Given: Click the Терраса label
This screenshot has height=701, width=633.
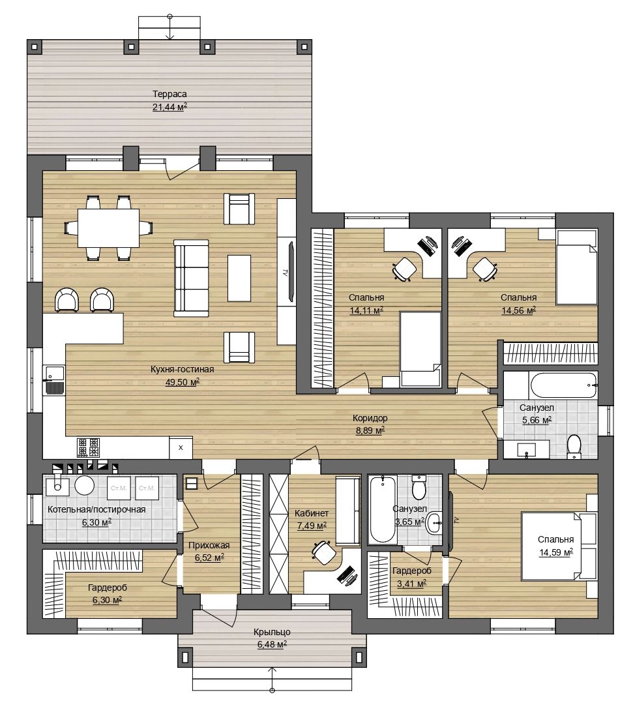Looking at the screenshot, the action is [x=169, y=94].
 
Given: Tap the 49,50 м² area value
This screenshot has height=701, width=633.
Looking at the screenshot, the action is [x=182, y=382].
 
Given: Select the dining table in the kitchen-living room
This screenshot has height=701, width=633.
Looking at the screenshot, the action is [x=109, y=228].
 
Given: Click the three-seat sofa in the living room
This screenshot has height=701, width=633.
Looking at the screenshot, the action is [x=191, y=278].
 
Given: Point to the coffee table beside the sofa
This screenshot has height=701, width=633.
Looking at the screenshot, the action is [x=239, y=278].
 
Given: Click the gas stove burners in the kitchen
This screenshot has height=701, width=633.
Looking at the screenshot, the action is [x=88, y=447].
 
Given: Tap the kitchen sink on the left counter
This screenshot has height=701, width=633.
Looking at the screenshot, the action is [x=53, y=380].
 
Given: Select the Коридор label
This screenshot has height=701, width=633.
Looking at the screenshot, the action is [x=370, y=418].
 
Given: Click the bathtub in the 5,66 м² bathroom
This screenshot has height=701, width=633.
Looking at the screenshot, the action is [x=563, y=385].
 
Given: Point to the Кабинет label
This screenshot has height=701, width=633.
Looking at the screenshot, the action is [x=312, y=513].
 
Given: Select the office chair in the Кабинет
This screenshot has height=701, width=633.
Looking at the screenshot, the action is [x=324, y=552].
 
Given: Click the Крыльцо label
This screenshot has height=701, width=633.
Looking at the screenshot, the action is [x=272, y=632].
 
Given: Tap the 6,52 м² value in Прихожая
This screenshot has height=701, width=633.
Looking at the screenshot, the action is [x=209, y=558].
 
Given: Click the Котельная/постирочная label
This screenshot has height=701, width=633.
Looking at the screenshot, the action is [x=96, y=509].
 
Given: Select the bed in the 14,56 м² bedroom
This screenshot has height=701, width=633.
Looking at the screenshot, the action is [x=577, y=267].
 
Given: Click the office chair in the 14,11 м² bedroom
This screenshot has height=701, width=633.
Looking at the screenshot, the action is [x=405, y=269].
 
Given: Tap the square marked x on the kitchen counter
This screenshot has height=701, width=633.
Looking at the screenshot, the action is [x=181, y=447].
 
